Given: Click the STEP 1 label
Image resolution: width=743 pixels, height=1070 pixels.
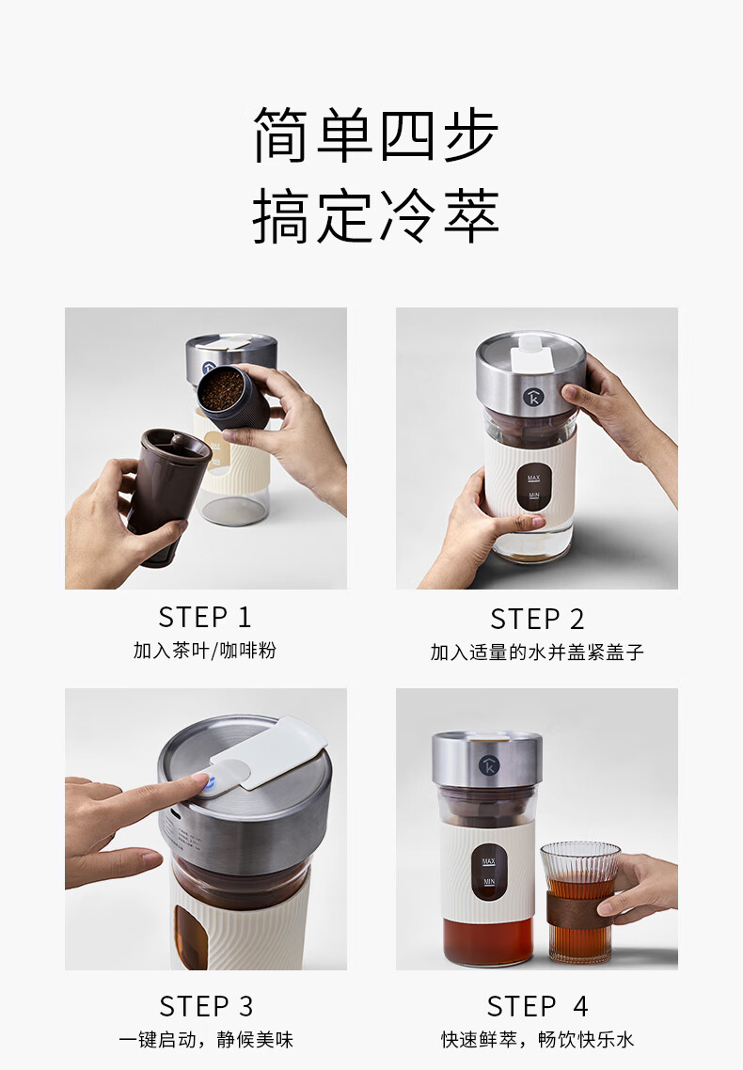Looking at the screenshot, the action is click(205, 617).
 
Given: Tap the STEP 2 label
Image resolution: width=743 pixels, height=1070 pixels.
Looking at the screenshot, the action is click(538, 619).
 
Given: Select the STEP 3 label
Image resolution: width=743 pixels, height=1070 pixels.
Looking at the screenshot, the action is click(206, 1006).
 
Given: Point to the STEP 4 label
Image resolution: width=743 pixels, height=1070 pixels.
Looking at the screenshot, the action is click(538, 1006).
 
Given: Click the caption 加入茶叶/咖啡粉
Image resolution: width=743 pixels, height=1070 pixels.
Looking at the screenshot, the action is click(205, 651).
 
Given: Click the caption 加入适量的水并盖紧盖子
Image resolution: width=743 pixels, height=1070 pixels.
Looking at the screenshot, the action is click(537, 653).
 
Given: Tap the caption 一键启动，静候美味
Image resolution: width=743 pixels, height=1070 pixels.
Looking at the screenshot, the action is click(206, 1039).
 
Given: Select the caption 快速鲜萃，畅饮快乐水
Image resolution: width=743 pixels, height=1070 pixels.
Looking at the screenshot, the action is click(538, 1039).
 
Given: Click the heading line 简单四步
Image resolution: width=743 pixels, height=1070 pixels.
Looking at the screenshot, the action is click(376, 135).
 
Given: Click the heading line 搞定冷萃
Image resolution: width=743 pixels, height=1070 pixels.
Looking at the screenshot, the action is click(376, 215).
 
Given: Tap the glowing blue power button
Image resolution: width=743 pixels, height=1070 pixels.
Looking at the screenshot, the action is click(209, 785).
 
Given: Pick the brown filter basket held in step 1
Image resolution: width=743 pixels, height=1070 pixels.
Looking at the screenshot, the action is click(167, 495).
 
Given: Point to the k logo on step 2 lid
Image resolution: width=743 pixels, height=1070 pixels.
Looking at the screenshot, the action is click(533, 396).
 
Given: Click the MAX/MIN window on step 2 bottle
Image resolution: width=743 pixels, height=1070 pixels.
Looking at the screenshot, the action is click(533, 487).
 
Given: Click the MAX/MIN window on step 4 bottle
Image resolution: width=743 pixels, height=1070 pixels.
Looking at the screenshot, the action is click(488, 872).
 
